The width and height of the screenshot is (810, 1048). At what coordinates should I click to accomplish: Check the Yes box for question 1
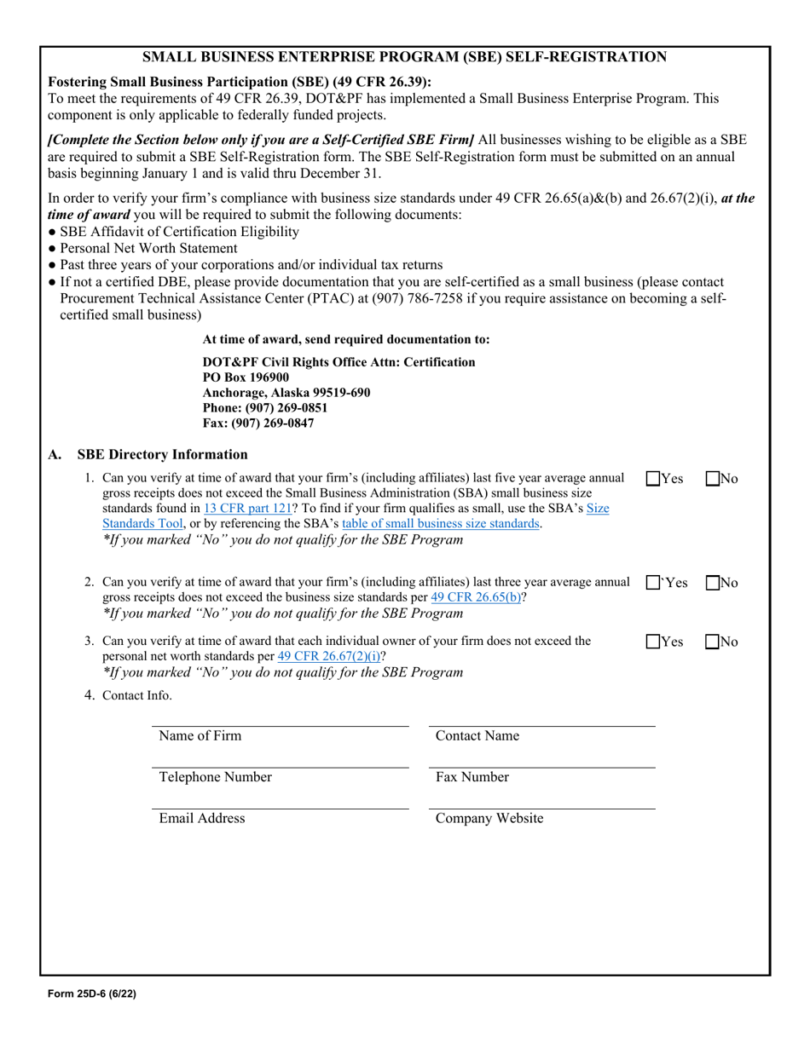[652, 479]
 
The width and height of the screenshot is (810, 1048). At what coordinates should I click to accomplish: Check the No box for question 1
[714, 479]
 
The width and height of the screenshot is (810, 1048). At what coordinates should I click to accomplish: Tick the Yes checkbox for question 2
[652, 584]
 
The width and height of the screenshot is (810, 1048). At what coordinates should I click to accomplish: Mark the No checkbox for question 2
[714, 584]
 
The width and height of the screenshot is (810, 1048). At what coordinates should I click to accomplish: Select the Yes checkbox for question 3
[652, 642]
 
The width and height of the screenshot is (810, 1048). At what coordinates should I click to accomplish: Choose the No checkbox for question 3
[714, 642]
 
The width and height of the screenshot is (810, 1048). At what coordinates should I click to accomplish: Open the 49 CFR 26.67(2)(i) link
[330, 657]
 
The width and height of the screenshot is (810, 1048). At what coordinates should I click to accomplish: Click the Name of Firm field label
[200, 736]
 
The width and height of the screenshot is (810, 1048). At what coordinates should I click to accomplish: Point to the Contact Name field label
[477, 736]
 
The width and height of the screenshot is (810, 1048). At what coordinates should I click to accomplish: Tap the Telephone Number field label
[215, 777]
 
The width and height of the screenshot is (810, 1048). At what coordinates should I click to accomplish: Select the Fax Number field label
[472, 777]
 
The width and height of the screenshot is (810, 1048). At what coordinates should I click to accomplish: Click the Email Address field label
[202, 819]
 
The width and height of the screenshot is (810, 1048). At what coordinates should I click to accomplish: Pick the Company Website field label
[489, 819]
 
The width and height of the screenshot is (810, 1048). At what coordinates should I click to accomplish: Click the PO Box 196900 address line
[246, 377]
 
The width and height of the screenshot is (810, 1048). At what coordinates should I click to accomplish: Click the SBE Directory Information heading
[162, 455]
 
